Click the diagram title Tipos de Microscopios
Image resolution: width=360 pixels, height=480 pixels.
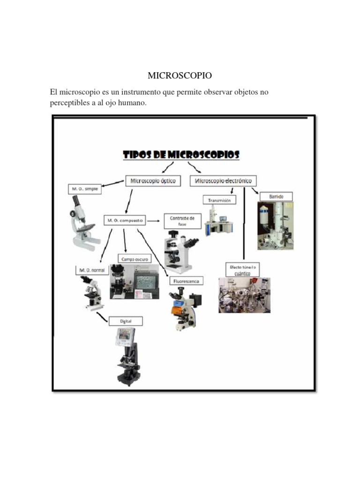pos(181,155)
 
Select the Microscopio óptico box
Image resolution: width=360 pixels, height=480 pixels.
pos(153,180)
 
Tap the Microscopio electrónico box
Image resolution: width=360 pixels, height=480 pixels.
pos(223,180)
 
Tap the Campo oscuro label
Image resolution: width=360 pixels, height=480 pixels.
pos(135,258)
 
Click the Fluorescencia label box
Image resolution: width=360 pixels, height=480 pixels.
pos(186,281)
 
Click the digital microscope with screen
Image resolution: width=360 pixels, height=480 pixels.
pos(127,356)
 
